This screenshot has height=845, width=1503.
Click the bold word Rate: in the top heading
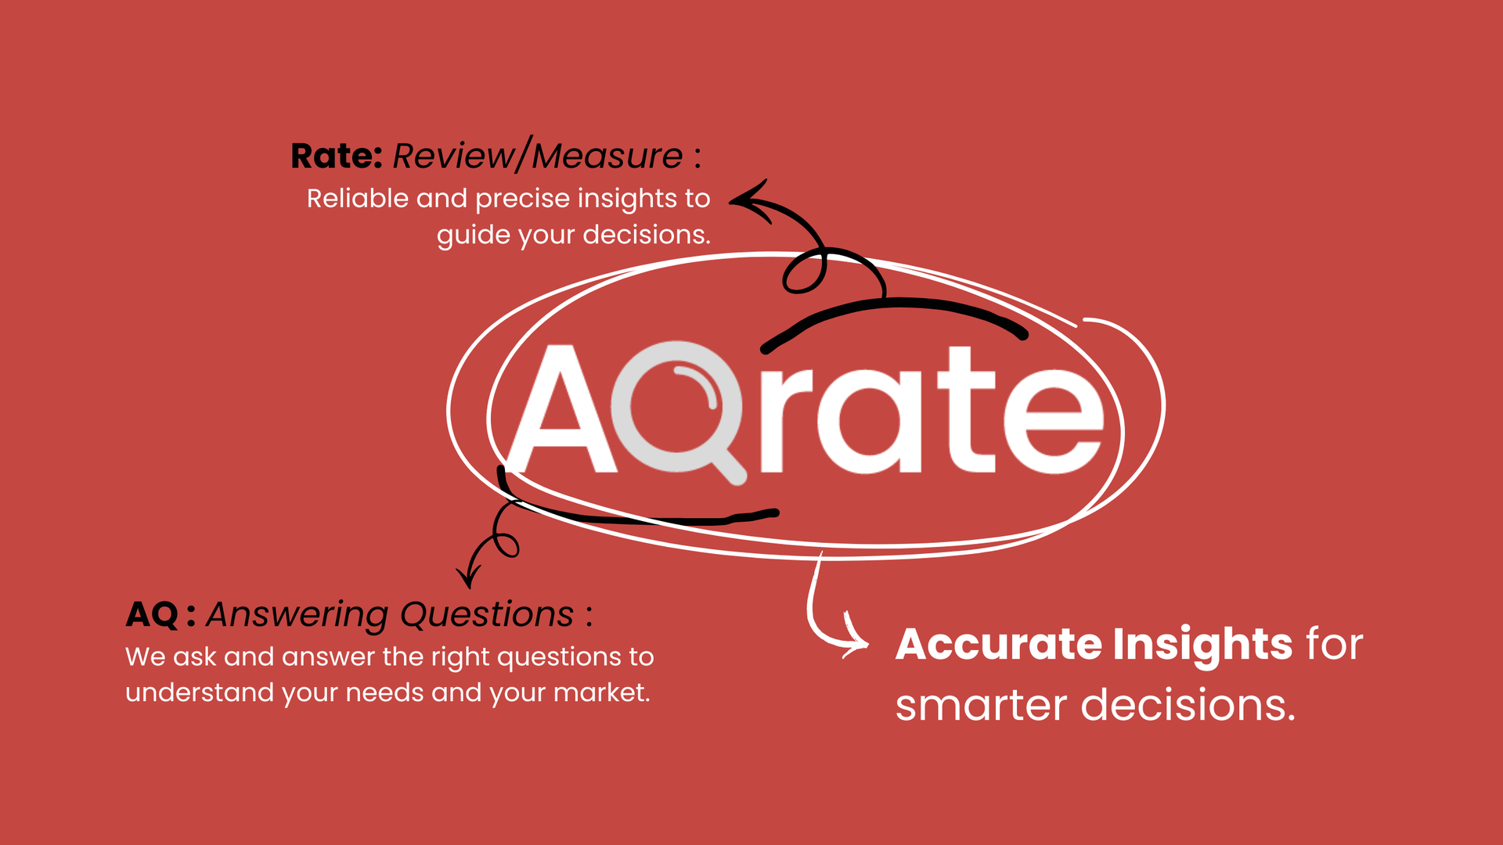(336, 156)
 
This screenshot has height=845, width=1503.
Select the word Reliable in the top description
(358, 199)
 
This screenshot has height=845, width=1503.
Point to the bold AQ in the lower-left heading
(152, 615)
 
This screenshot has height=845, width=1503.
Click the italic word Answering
(297, 615)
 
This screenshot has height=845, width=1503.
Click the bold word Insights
(1202, 645)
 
